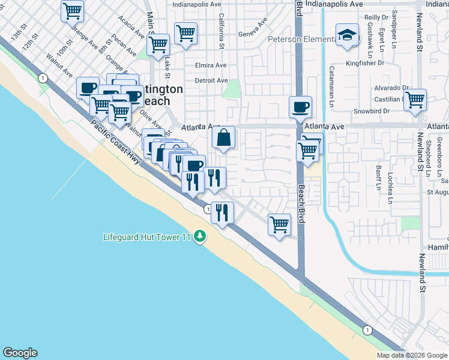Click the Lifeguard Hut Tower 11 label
146,237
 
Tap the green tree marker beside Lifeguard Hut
200,238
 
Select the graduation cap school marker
348,35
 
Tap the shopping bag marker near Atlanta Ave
223,138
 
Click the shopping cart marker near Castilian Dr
415,100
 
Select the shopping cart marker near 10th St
72,10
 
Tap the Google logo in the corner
20,353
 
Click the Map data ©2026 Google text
412,355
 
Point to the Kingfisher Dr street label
365,62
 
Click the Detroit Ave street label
211,80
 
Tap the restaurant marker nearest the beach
222,214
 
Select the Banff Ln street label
378,178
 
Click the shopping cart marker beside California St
186,34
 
